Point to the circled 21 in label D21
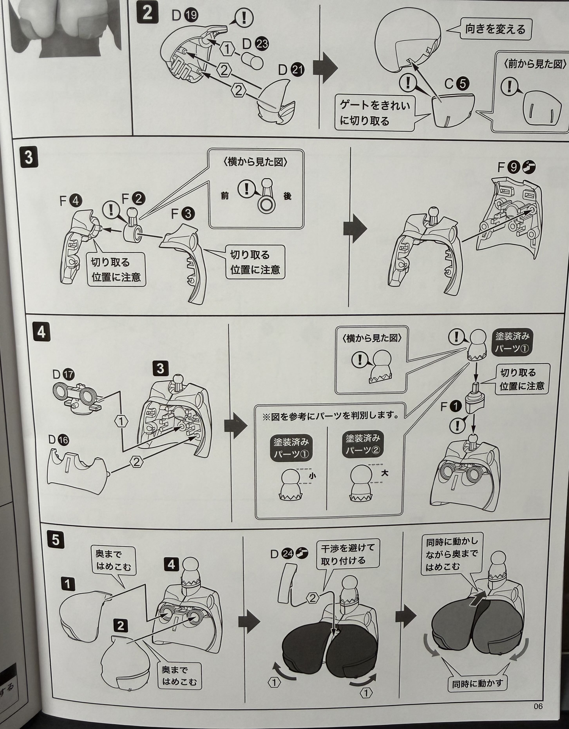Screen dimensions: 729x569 click(x=297, y=69)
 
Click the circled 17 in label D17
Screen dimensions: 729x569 click(x=68, y=374)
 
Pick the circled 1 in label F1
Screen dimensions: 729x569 click(x=455, y=407)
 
